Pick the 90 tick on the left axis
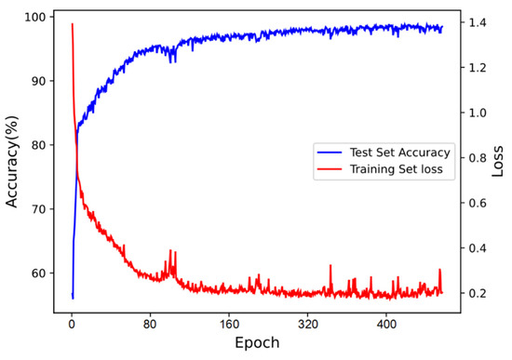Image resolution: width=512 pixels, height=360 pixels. point(38,81)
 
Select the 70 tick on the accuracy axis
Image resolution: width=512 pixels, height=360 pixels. point(38,209)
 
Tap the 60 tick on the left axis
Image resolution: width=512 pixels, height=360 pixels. point(38,273)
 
